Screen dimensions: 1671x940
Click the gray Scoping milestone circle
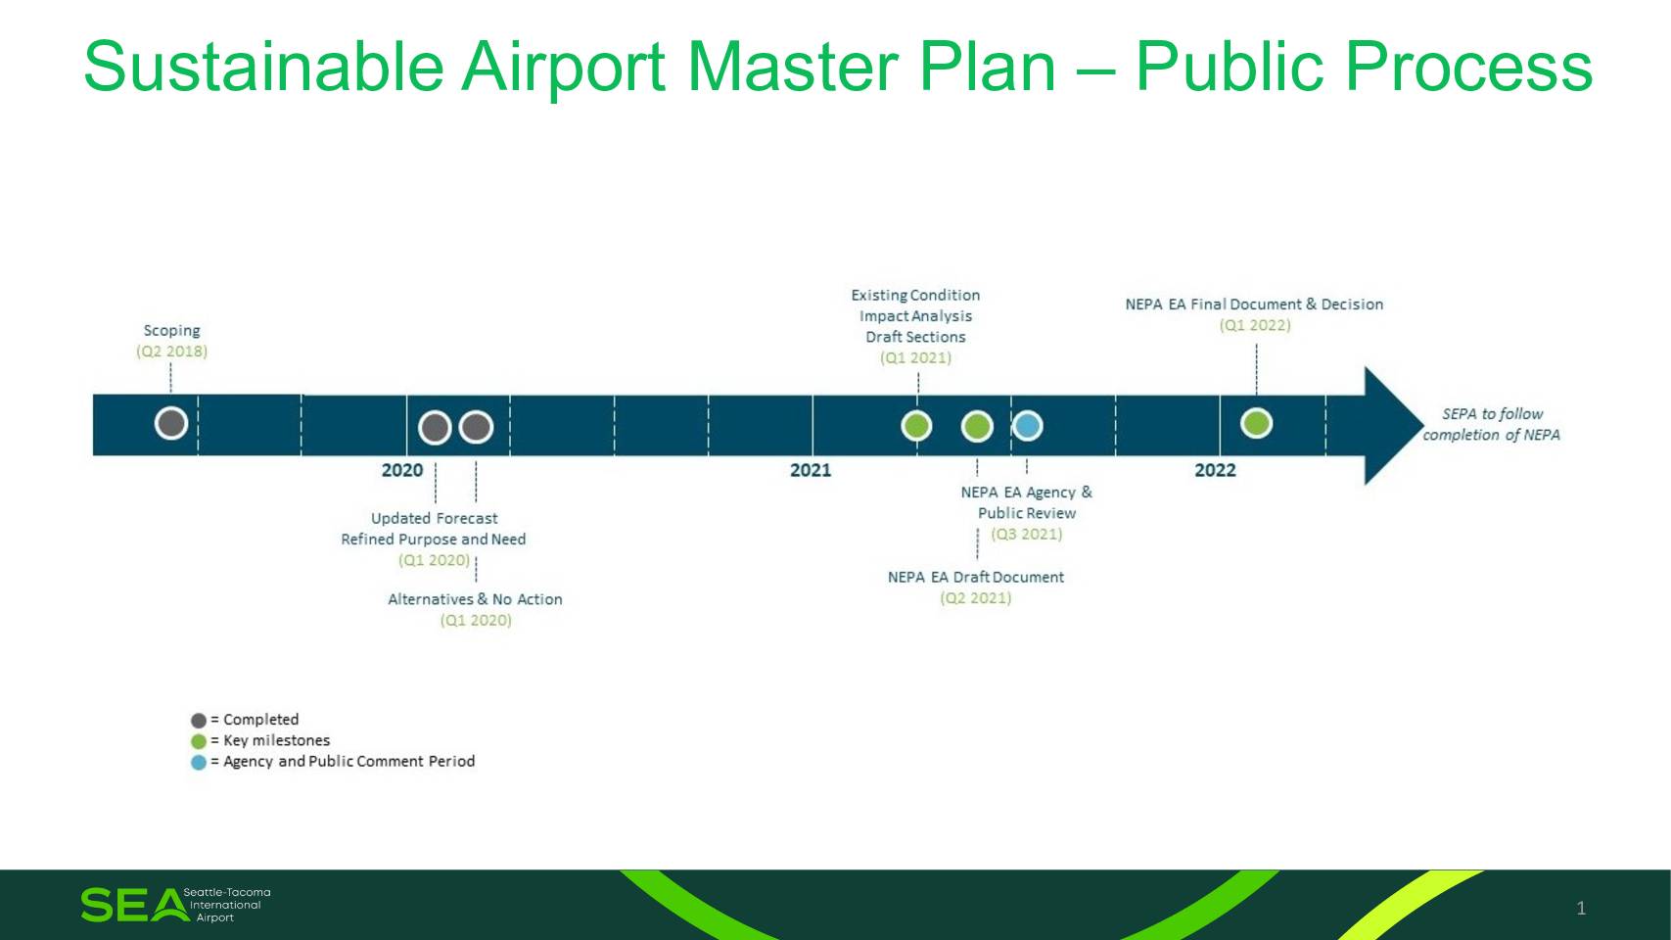171,423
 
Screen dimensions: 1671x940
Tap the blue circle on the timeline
1027,425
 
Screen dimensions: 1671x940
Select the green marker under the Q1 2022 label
1256,423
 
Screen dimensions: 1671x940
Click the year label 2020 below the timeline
402,470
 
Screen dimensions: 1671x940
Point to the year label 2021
811,470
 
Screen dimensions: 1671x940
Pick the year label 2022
1215,470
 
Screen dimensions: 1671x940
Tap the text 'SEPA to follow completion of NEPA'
1491,424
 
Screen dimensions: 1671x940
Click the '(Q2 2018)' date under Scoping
171,351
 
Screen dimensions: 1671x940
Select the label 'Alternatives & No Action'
475,599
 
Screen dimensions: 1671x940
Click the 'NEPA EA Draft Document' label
976,577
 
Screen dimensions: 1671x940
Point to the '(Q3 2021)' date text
1027,534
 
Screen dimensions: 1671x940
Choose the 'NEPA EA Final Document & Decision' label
1254,304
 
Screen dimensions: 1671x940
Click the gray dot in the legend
199,720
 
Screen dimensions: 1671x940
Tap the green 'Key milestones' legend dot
199,741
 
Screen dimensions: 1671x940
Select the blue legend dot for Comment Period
199,762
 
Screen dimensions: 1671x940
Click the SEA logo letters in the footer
134,905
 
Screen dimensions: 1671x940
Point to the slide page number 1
1581,908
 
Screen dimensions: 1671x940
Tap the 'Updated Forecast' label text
435,518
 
